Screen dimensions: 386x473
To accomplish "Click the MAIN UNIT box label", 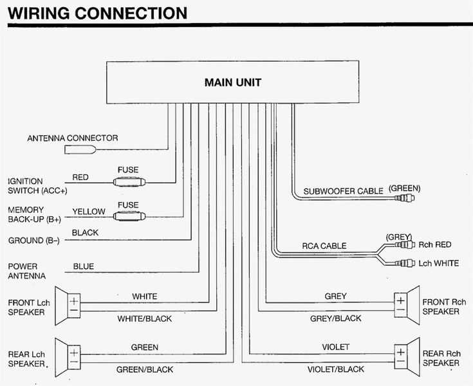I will (x=232, y=82).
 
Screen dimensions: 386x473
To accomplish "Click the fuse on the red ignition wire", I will (x=128, y=182).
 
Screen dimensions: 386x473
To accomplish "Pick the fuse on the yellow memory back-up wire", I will (x=128, y=217).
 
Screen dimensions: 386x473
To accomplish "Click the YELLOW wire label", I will (x=88, y=212).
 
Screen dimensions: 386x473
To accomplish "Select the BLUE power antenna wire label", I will (x=83, y=266).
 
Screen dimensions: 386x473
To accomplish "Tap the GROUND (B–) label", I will (x=34, y=241).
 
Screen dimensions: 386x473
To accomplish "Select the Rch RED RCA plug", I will (x=405, y=244).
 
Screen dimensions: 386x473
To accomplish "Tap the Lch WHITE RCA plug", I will (x=405, y=263).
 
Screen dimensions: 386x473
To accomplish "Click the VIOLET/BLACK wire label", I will (x=335, y=369).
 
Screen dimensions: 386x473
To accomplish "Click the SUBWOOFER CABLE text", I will (x=344, y=191).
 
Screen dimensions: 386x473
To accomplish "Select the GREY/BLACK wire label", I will (x=335, y=318).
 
